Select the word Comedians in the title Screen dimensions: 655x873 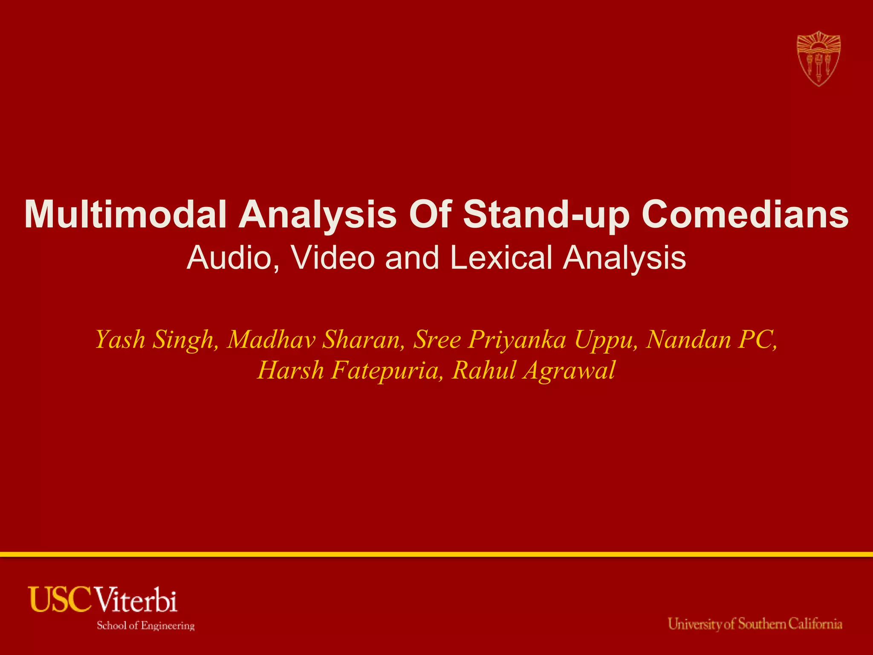(x=745, y=214)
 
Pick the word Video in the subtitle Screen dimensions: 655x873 (x=333, y=258)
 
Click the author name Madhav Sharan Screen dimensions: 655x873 (x=315, y=340)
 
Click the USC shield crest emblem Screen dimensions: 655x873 (x=818, y=58)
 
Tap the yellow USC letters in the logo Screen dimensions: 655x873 (x=60, y=600)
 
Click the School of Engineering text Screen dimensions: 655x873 (x=145, y=626)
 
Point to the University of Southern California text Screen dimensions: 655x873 (x=755, y=624)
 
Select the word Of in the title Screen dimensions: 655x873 (x=430, y=214)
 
